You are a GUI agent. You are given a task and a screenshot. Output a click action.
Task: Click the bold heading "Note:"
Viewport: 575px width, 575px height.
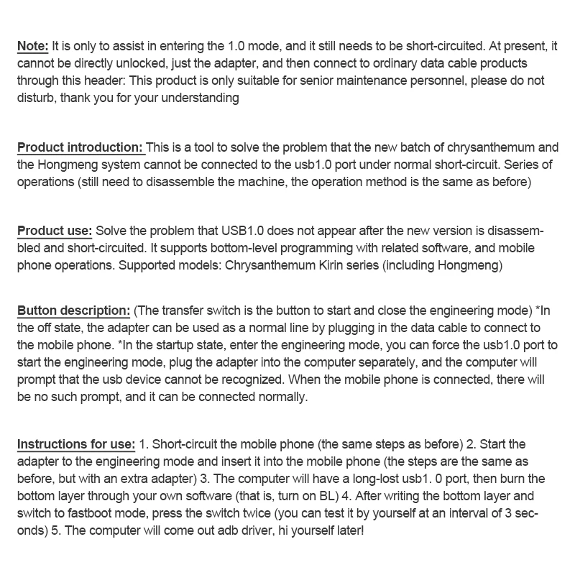coord(33,45)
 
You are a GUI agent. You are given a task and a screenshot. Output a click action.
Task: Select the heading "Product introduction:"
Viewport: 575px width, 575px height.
coord(80,147)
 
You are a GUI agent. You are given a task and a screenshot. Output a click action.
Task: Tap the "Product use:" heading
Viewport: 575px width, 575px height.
coord(55,231)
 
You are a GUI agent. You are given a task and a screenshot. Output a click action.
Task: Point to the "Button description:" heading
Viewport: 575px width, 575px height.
coord(73,310)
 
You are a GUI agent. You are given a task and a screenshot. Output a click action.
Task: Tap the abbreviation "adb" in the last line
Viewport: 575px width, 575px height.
coord(219,529)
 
